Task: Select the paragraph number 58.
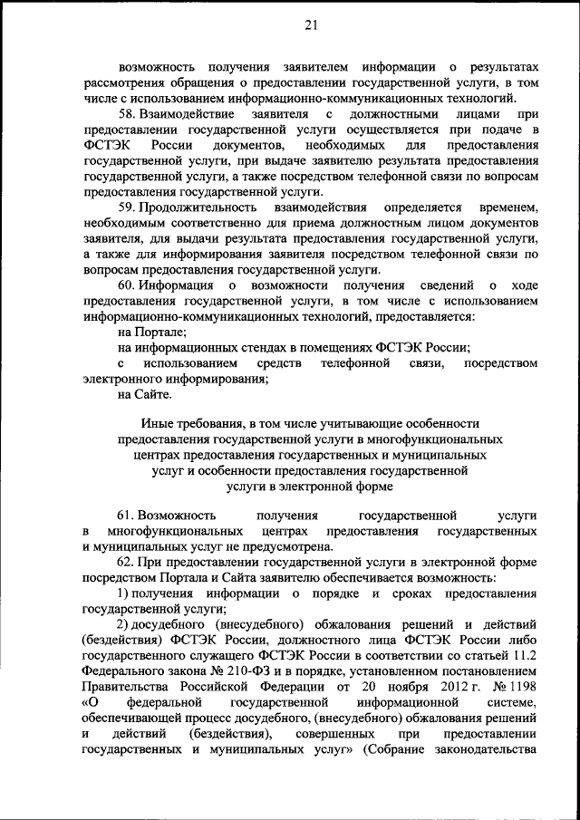[x=127, y=115]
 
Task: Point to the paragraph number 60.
[x=127, y=286]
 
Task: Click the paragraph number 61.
[x=127, y=515]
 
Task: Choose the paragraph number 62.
[x=127, y=562]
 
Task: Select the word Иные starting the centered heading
[x=158, y=423]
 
